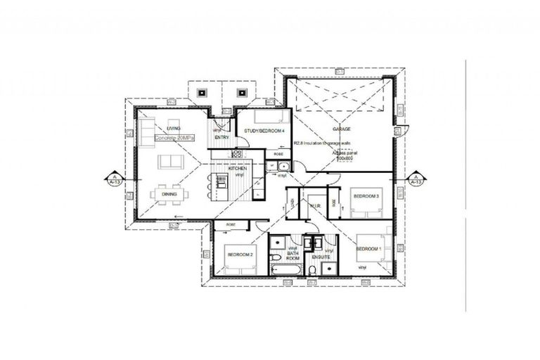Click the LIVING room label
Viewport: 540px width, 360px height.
point(174,128)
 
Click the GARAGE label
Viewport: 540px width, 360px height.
point(342,129)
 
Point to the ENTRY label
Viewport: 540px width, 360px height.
point(222,137)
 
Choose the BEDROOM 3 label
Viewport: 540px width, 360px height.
point(366,195)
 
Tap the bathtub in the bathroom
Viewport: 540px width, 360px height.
point(287,269)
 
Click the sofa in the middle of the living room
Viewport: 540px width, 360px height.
point(169,163)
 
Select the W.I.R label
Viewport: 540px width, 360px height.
point(314,205)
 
